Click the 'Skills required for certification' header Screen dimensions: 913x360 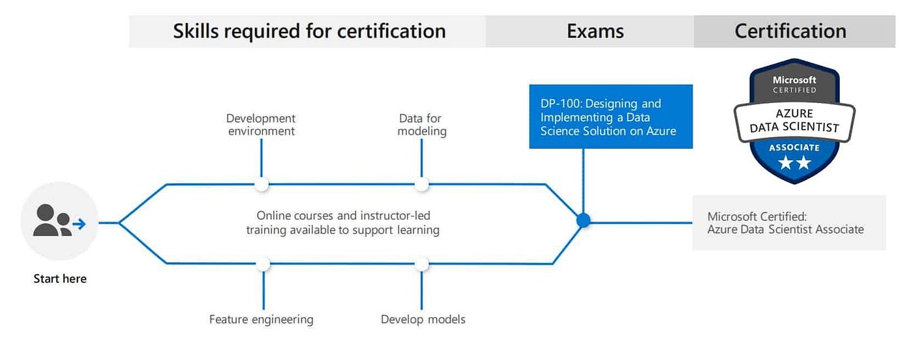(309, 31)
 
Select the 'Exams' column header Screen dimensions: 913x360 (595, 31)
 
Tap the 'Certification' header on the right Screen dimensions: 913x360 (790, 31)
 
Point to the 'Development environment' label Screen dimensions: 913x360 (261, 125)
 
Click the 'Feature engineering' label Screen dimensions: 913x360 (261, 320)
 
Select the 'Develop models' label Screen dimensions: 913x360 (423, 320)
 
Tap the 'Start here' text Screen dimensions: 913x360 (60, 279)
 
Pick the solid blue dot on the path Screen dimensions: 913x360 (584, 220)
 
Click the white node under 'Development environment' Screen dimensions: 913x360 (262, 185)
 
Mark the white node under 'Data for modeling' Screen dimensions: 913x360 (422, 185)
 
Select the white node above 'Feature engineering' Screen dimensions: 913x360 (263, 264)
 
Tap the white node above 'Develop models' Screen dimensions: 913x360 (422, 264)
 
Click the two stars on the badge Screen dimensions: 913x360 (794, 163)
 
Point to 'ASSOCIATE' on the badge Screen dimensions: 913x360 (794, 147)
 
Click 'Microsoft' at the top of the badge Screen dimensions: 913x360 (794, 80)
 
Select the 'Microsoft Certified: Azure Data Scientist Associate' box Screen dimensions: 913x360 (788, 222)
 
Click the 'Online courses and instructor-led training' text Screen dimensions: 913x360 (343, 222)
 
